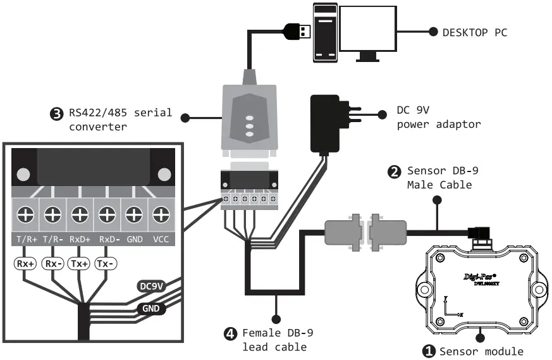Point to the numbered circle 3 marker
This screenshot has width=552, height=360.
coord(56,114)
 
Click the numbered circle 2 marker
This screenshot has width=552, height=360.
coord(393,171)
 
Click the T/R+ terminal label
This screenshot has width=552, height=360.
coord(26,240)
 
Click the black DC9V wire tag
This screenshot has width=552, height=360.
coord(152,286)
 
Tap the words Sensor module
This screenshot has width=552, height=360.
coord(481,351)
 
